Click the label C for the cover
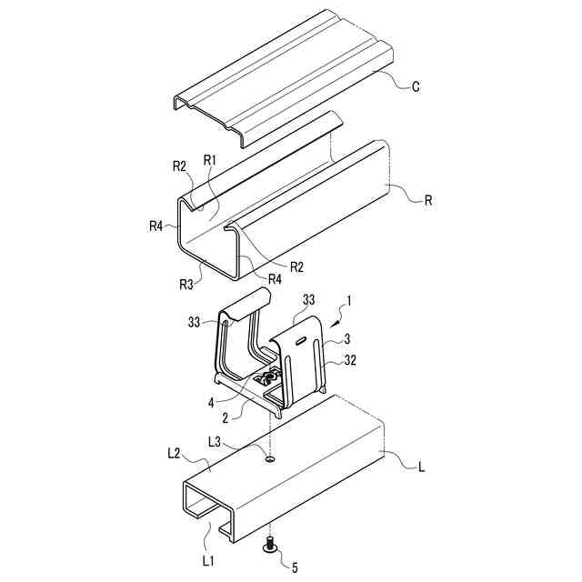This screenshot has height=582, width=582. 415,87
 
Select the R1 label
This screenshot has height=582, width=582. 209,160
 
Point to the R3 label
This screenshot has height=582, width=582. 186,285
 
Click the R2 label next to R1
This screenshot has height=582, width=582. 179,166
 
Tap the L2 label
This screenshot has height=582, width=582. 175,453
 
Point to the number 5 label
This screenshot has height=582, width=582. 294,568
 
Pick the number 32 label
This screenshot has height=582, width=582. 349,361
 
